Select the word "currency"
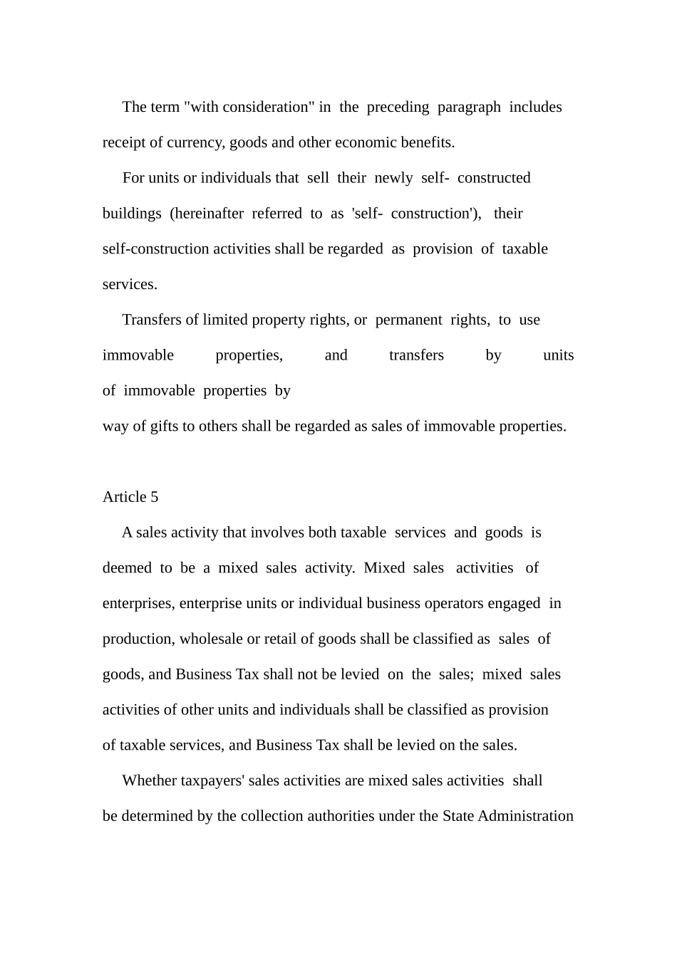tap(195, 143)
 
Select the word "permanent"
tap(408, 320)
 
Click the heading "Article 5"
tap(130, 497)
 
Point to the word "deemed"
tap(127, 568)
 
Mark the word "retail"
tap(283, 639)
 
